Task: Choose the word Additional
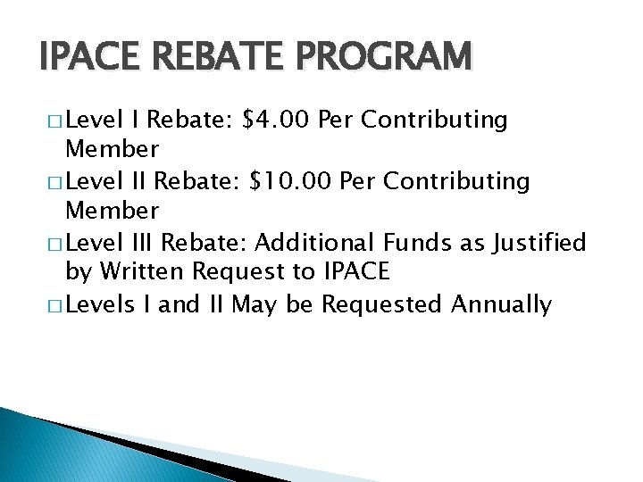(x=316, y=242)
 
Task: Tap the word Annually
(x=502, y=304)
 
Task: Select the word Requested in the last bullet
(x=382, y=304)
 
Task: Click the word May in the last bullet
(x=255, y=304)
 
